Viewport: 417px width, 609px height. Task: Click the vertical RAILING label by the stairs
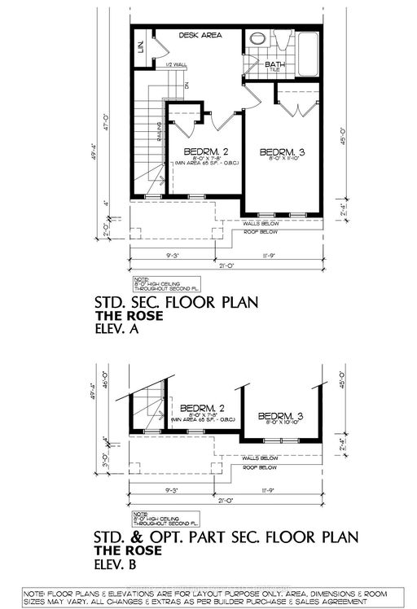click(x=159, y=129)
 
